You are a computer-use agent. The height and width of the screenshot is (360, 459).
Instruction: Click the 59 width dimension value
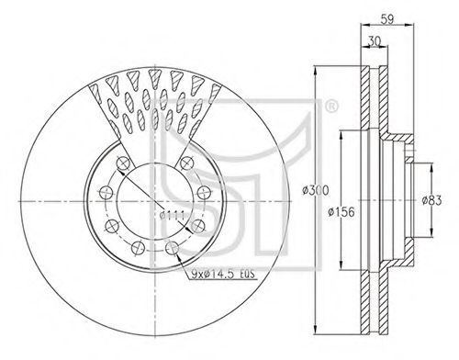pos(387,18)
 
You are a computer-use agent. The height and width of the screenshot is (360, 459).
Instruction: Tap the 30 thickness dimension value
pos(374,41)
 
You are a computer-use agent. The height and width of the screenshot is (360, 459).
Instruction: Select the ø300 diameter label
pos(315,190)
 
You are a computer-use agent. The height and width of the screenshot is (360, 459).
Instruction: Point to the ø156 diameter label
pos(341,211)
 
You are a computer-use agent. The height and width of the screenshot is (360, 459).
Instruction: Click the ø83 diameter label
pos(431,200)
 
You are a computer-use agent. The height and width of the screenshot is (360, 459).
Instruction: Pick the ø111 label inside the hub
pos(172,216)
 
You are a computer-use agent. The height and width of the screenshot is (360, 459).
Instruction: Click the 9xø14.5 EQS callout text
pos(223,275)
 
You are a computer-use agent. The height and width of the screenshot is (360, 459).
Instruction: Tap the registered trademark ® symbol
pos(331,107)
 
